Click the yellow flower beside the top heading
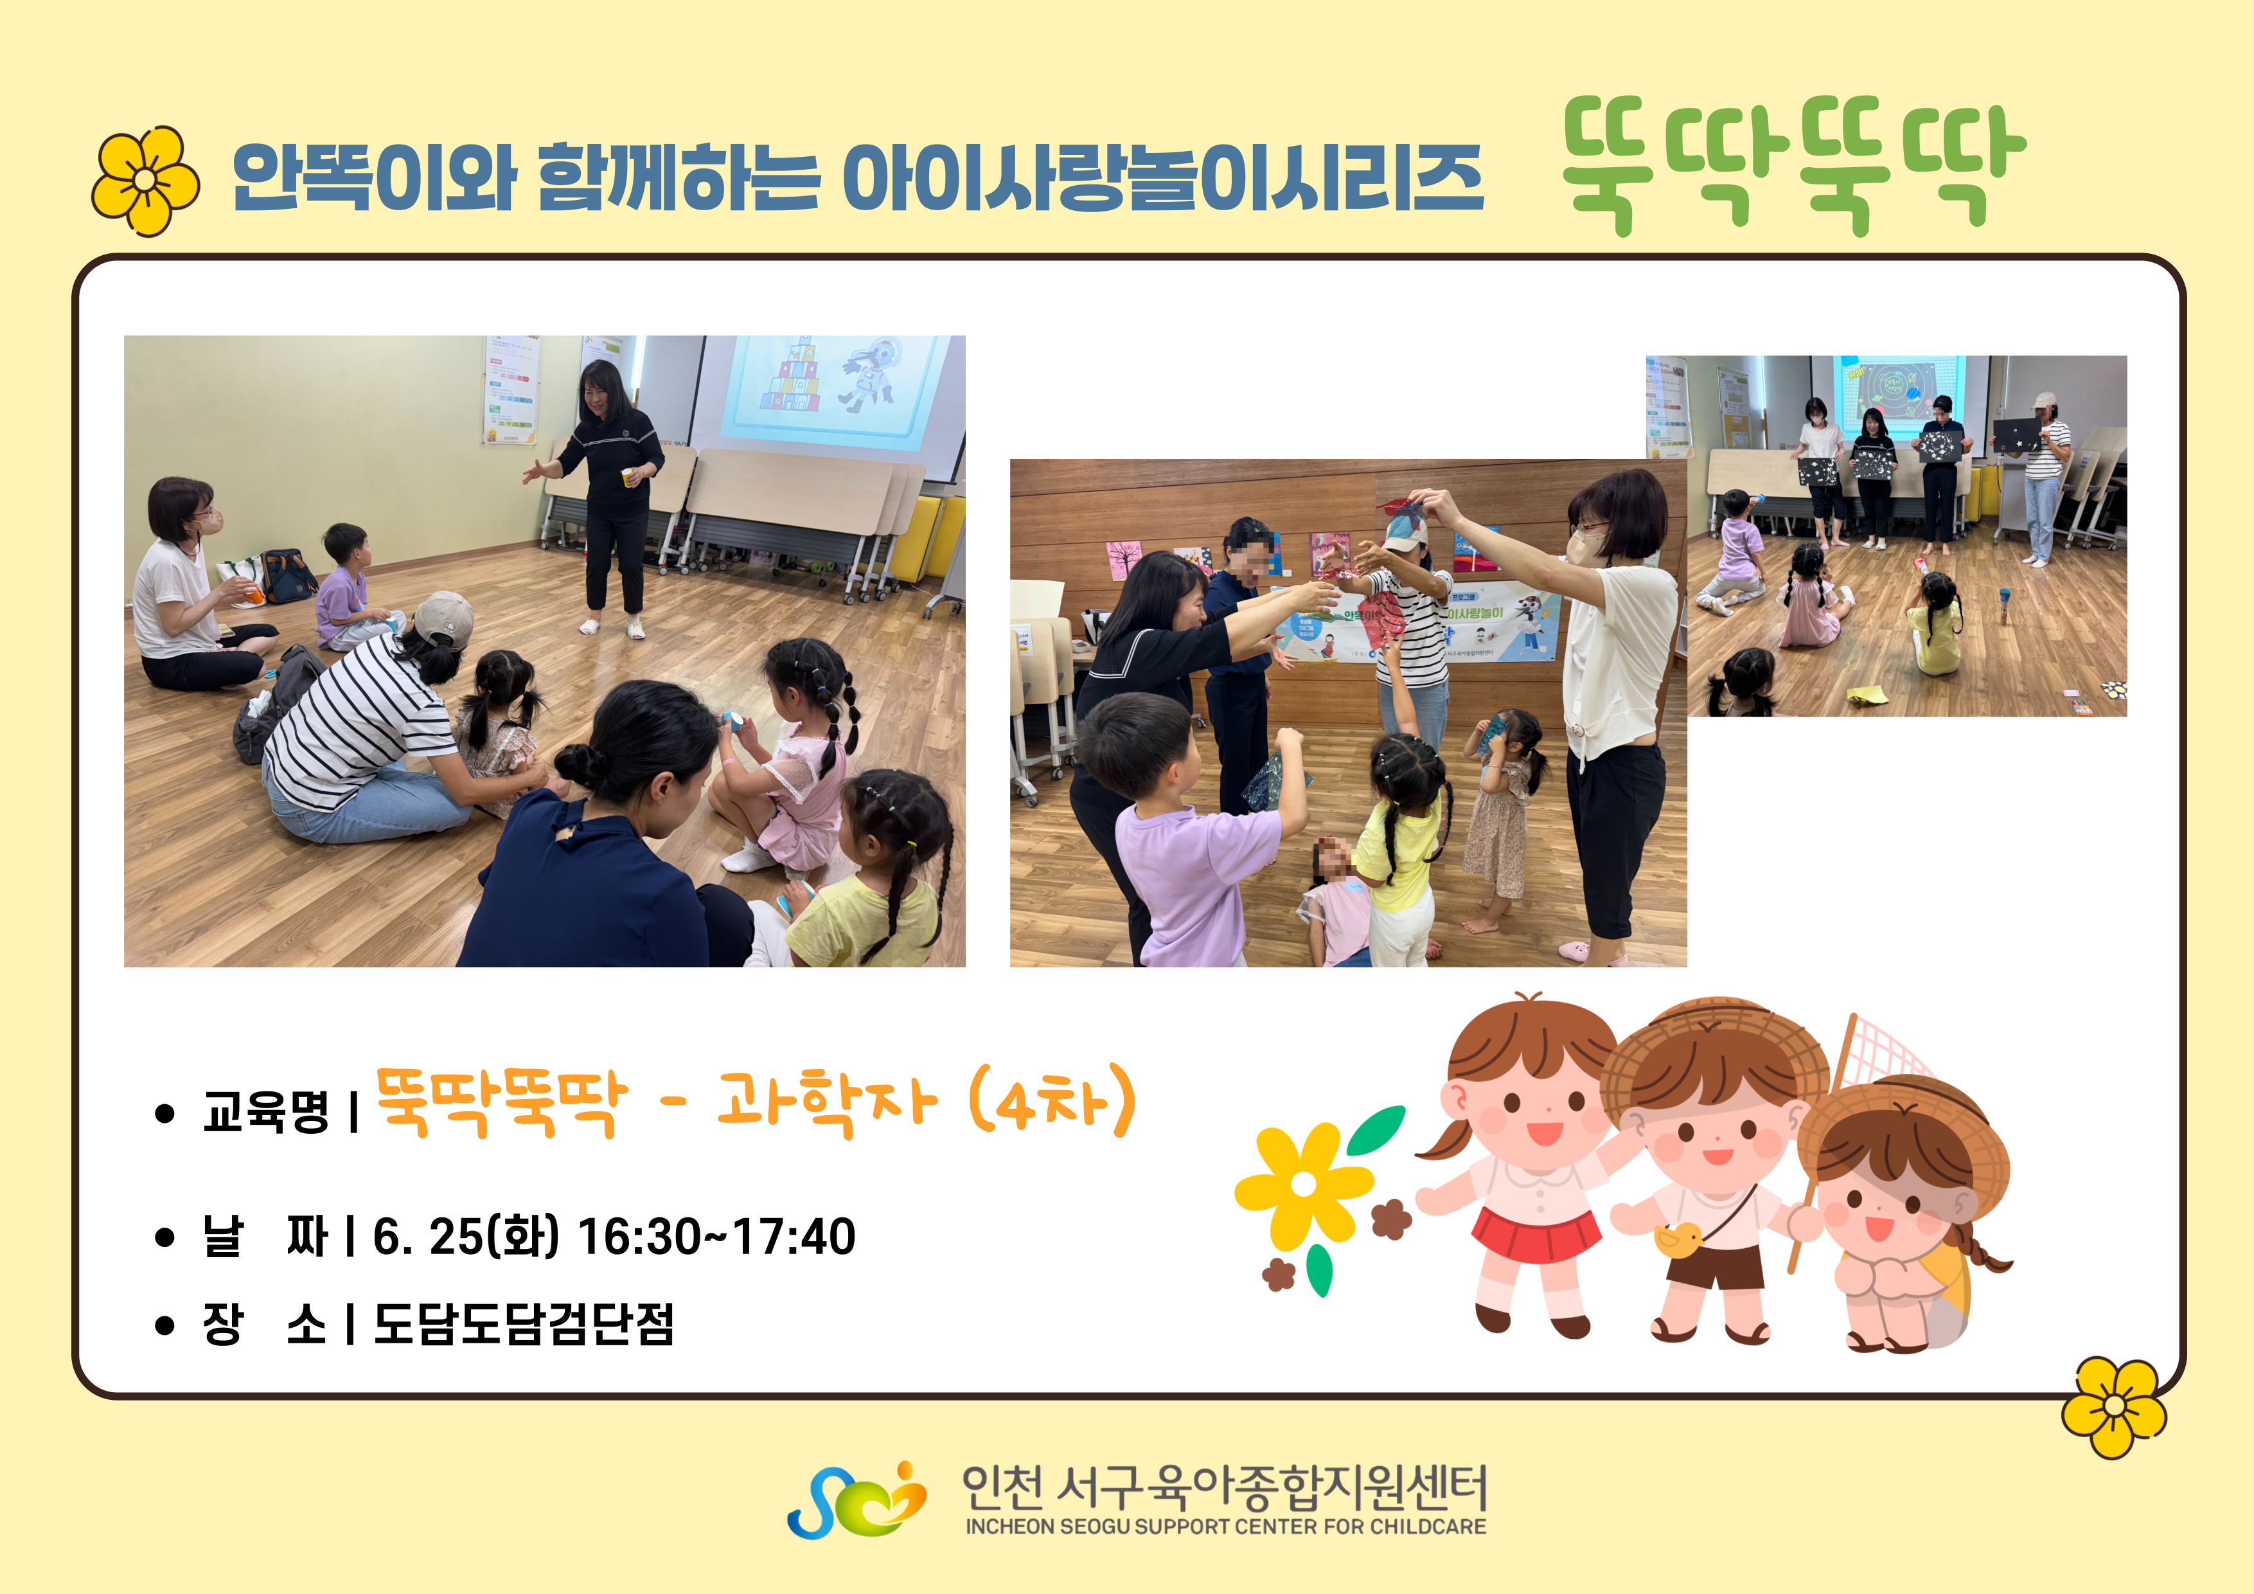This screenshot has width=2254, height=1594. (x=145, y=181)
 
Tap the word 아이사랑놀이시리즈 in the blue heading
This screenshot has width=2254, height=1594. (x=1164, y=178)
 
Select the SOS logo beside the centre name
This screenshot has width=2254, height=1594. (x=856, y=1500)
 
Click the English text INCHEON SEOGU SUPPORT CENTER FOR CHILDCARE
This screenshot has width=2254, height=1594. (x=1225, y=1527)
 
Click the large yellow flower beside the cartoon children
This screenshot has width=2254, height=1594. (x=1302, y=1185)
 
